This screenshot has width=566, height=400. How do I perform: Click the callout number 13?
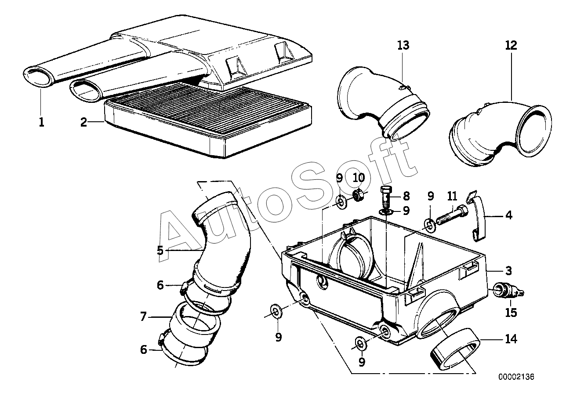click(403, 45)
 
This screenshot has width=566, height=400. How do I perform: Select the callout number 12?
click(511, 45)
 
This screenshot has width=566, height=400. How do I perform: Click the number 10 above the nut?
click(359, 178)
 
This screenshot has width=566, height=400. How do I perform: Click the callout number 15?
click(511, 313)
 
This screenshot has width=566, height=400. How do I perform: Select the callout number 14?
click(511, 339)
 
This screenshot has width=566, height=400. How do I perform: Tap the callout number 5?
click(160, 251)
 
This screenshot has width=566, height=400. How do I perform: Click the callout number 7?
click(143, 316)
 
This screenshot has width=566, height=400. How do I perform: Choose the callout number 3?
click(508, 270)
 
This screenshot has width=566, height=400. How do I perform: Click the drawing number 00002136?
click(516, 377)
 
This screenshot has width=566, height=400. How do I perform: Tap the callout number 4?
click(508, 215)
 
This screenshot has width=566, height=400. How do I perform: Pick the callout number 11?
click(453, 195)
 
